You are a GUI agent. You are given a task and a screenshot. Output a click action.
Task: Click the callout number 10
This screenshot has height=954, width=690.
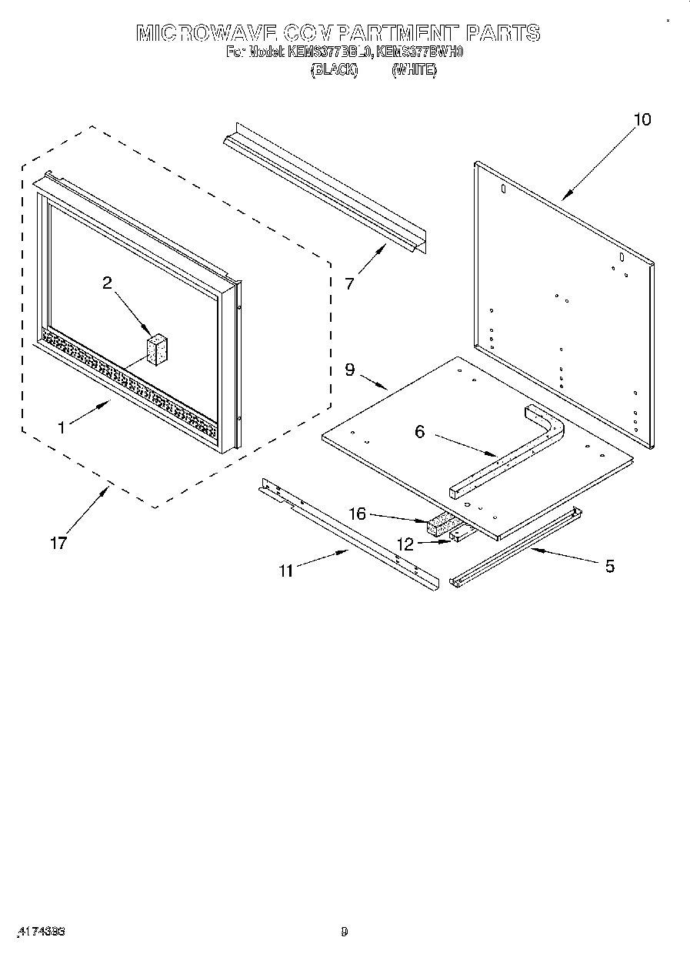pyautogui.click(x=642, y=119)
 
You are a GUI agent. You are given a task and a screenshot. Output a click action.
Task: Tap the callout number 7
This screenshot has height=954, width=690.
pyautogui.click(x=350, y=283)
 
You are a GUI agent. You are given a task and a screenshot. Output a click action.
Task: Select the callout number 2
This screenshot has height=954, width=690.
pyautogui.click(x=107, y=283)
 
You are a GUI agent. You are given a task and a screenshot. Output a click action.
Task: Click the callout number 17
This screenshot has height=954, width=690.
pyautogui.click(x=58, y=543)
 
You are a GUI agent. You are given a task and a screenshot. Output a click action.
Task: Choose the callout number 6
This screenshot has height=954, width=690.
pyautogui.click(x=419, y=432)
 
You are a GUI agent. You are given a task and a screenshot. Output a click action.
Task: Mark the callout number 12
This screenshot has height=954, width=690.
pyautogui.click(x=405, y=544)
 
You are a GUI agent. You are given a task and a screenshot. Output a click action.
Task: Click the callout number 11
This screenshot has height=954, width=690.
pyautogui.click(x=286, y=571)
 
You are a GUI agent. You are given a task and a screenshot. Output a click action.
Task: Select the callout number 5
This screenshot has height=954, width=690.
pyautogui.click(x=609, y=566)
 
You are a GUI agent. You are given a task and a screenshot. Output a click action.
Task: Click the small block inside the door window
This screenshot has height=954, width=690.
pyautogui.click(x=157, y=350)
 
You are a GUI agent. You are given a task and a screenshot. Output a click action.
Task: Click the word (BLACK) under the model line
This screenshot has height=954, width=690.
pyautogui.click(x=334, y=70)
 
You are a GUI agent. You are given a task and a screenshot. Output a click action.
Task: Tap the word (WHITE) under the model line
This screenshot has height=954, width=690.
pyautogui.click(x=414, y=70)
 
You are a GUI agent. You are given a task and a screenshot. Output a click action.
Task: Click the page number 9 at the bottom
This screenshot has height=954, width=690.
pyautogui.click(x=345, y=932)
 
